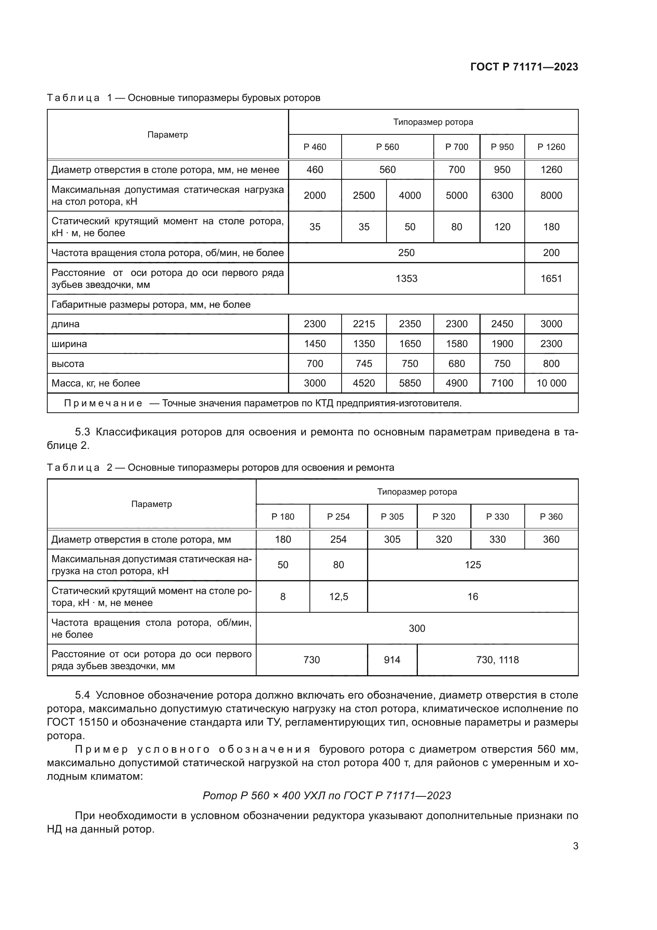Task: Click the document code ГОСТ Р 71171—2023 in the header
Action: pos(524,67)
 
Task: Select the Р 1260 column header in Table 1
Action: pos(551,147)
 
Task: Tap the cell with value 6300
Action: pos(502,195)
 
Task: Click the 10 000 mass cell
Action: pos(551,383)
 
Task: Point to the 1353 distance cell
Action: pos(406,279)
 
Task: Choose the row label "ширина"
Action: pos(69,344)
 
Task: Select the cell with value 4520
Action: pos(364,383)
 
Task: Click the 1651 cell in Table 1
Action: pos(551,279)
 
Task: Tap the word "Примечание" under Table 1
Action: pos(103,404)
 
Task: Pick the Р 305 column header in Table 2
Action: pos(392,517)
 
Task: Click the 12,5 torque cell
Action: pos(338,597)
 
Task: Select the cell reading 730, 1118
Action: pos(497,660)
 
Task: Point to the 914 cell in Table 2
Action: pos(392,660)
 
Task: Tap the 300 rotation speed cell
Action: pos(417,628)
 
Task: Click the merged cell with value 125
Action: pos(473,565)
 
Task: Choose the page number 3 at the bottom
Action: pos(575,846)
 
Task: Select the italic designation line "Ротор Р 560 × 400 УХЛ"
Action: pos(327,796)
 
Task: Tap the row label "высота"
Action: pos(68,364)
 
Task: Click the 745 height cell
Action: pos(364,364)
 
